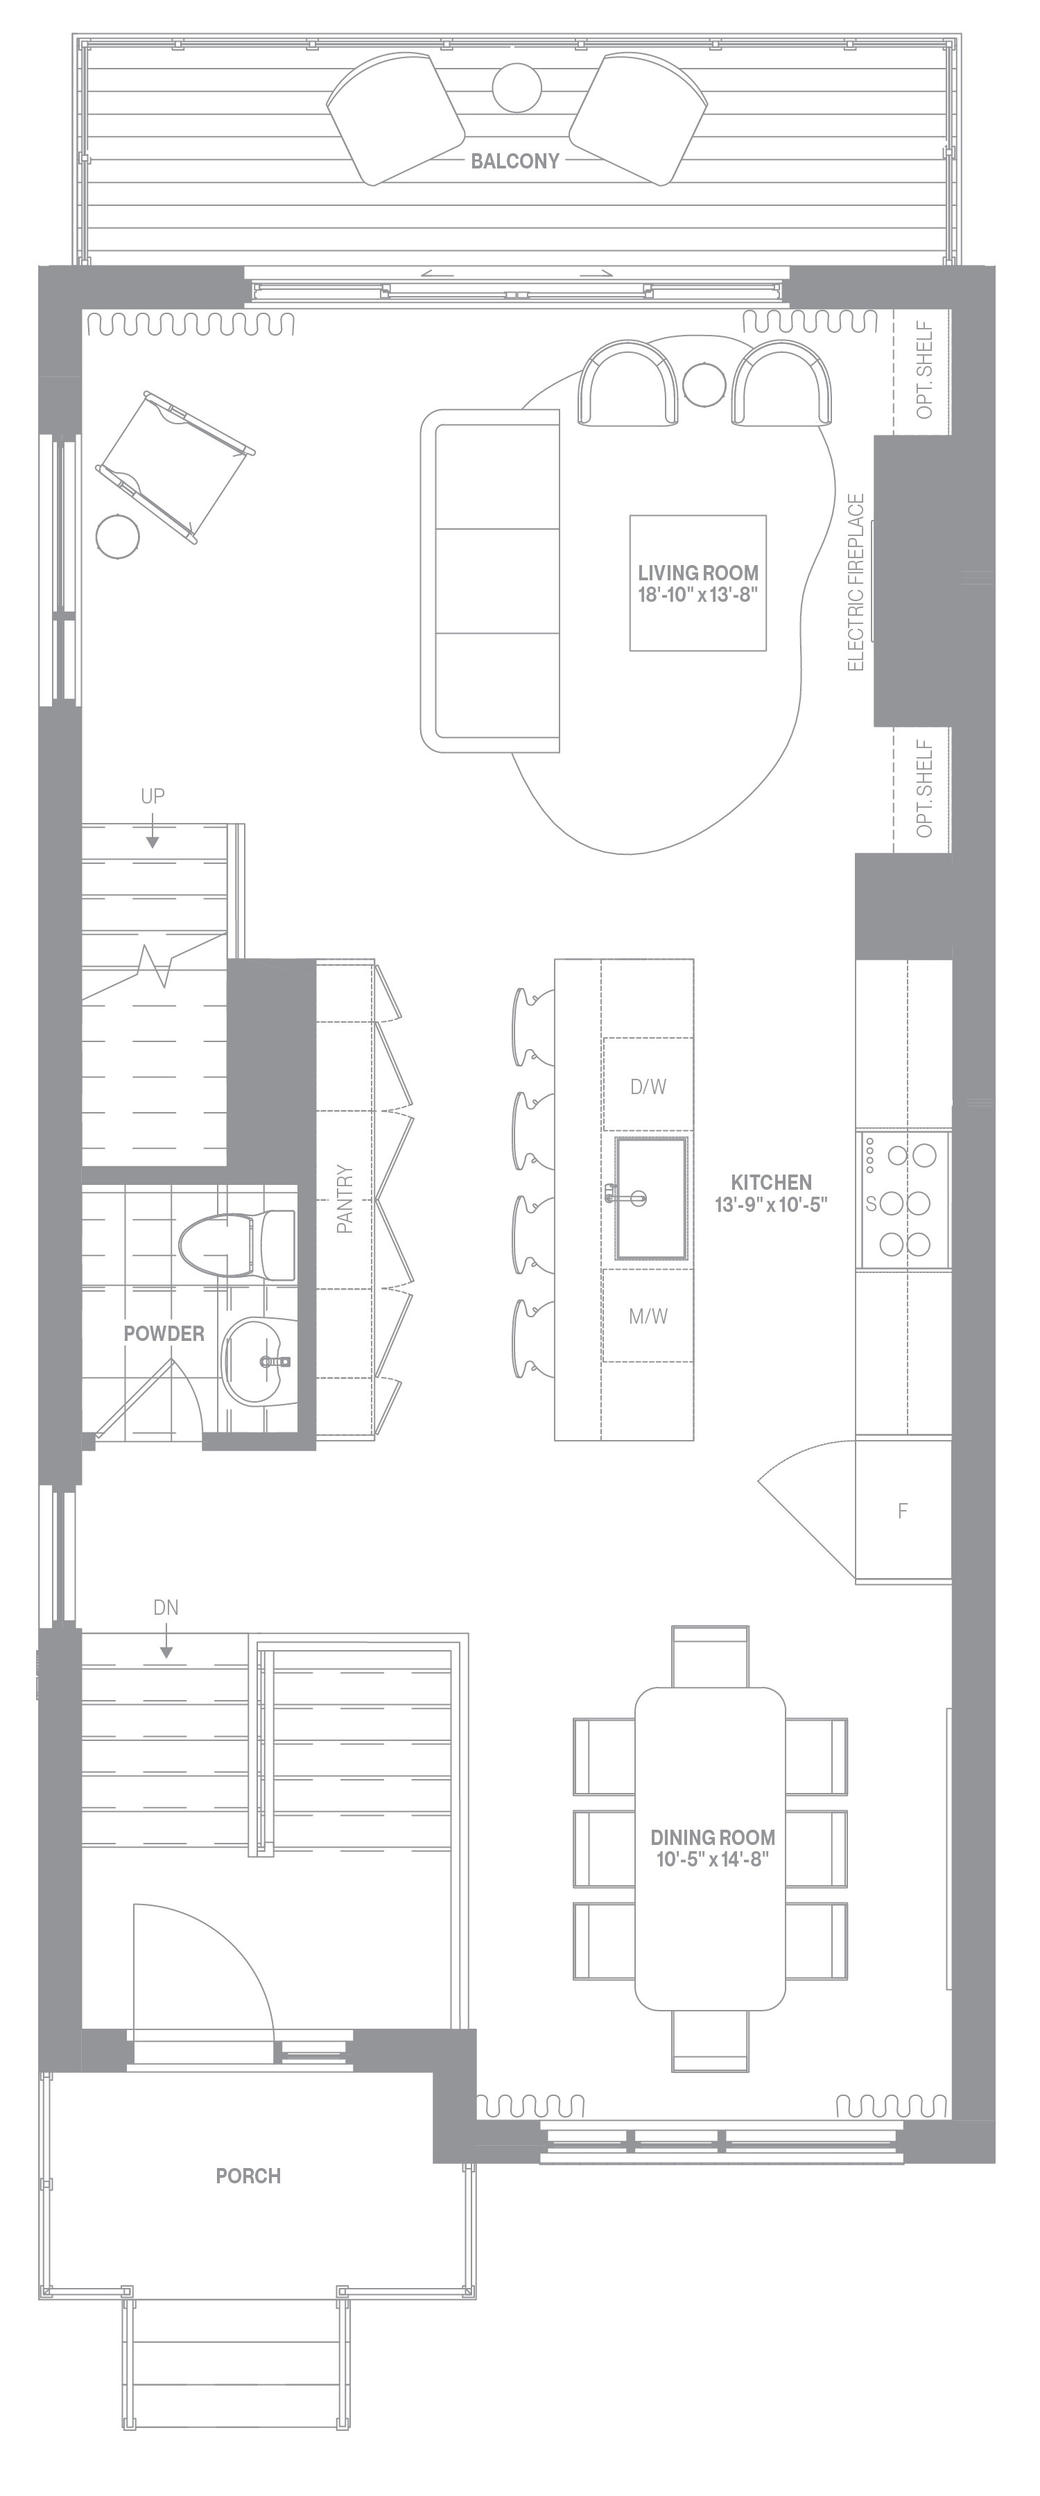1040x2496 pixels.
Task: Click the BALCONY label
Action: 514,161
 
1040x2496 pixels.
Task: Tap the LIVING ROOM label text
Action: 698,573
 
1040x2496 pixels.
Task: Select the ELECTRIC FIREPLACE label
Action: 855,582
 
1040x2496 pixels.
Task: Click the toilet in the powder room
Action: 236,1244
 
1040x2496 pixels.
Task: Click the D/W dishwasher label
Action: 648,1086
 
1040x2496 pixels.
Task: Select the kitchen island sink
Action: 650,1199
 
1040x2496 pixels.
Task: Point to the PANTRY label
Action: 345,1199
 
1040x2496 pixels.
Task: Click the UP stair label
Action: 152,795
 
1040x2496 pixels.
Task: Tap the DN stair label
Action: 166,1607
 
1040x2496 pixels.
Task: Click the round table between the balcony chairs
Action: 517,87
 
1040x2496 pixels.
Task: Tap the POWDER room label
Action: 164,1333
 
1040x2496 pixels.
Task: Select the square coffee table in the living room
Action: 698,582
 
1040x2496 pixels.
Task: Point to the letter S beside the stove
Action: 870,1204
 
